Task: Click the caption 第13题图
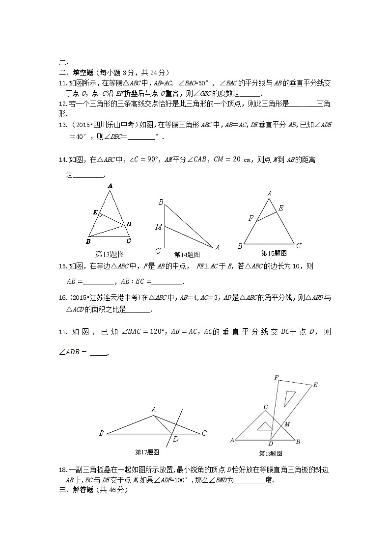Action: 110,254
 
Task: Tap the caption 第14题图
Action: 187,255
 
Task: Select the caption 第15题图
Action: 274,253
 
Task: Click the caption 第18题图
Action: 271,453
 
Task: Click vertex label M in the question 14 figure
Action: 158,227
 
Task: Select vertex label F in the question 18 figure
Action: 276,378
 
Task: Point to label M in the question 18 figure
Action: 287,423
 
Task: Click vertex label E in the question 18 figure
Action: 315,385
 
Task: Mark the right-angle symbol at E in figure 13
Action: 100,214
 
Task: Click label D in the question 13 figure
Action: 129,224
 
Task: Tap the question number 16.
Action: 62,297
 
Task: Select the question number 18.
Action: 62,470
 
